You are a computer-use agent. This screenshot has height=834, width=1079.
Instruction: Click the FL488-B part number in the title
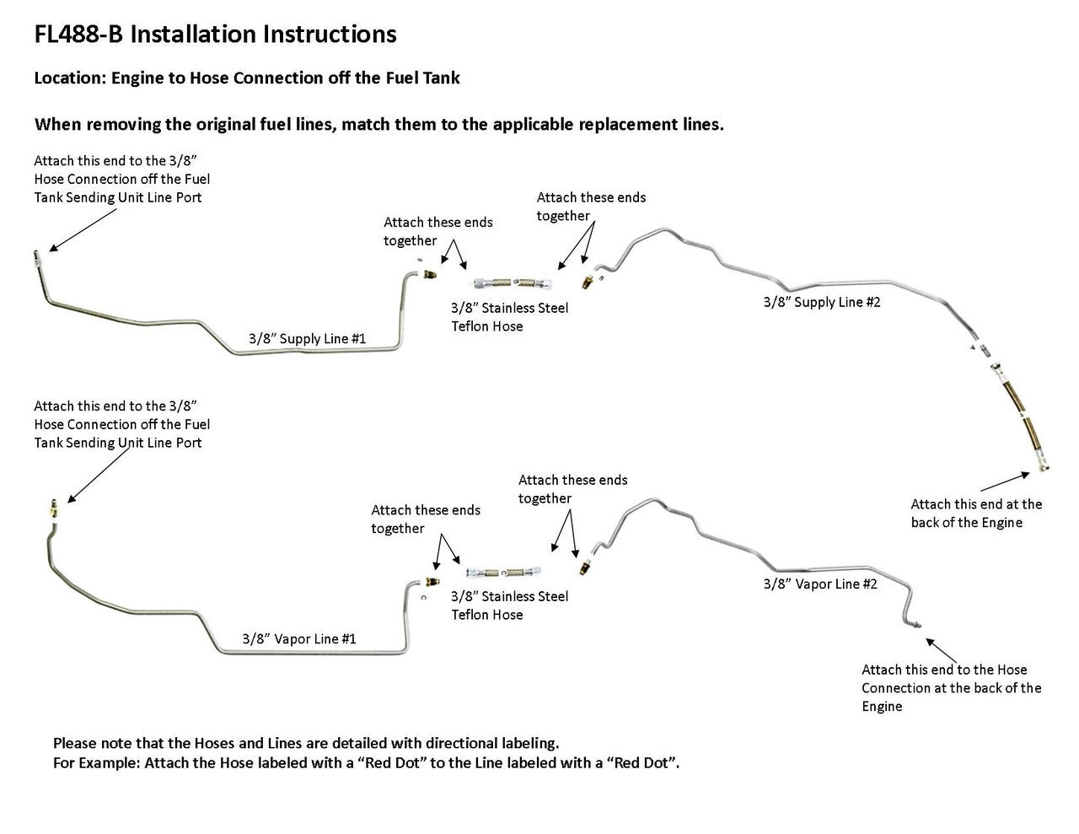click(79, 35)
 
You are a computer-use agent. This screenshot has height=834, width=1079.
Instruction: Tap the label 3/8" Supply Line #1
click(307, 338)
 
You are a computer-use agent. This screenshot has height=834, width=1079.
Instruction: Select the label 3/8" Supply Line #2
click(822, 302)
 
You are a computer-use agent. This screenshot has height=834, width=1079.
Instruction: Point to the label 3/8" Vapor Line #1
click(298, 639)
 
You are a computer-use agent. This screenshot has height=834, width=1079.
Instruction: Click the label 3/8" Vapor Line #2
click(820, 584)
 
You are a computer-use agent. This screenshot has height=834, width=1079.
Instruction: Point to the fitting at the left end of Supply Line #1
click(38, 256)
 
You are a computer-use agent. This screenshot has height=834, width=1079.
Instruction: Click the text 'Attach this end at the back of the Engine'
click(976, 514)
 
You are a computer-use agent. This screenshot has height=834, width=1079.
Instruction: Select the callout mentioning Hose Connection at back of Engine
click(951, 688)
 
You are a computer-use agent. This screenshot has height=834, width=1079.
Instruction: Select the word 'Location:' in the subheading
click(70, 78)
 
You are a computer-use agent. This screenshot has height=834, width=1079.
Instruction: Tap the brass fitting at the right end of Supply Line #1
click(430, 274)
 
